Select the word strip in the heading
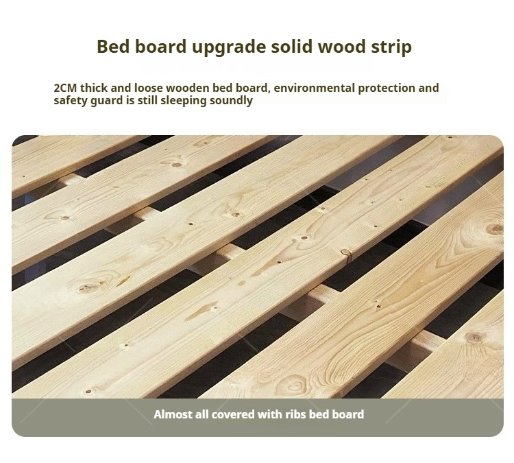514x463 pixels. [391, 47]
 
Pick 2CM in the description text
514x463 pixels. [65, 88]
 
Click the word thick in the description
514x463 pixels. [94, 88]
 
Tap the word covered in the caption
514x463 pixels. [233, 414]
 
